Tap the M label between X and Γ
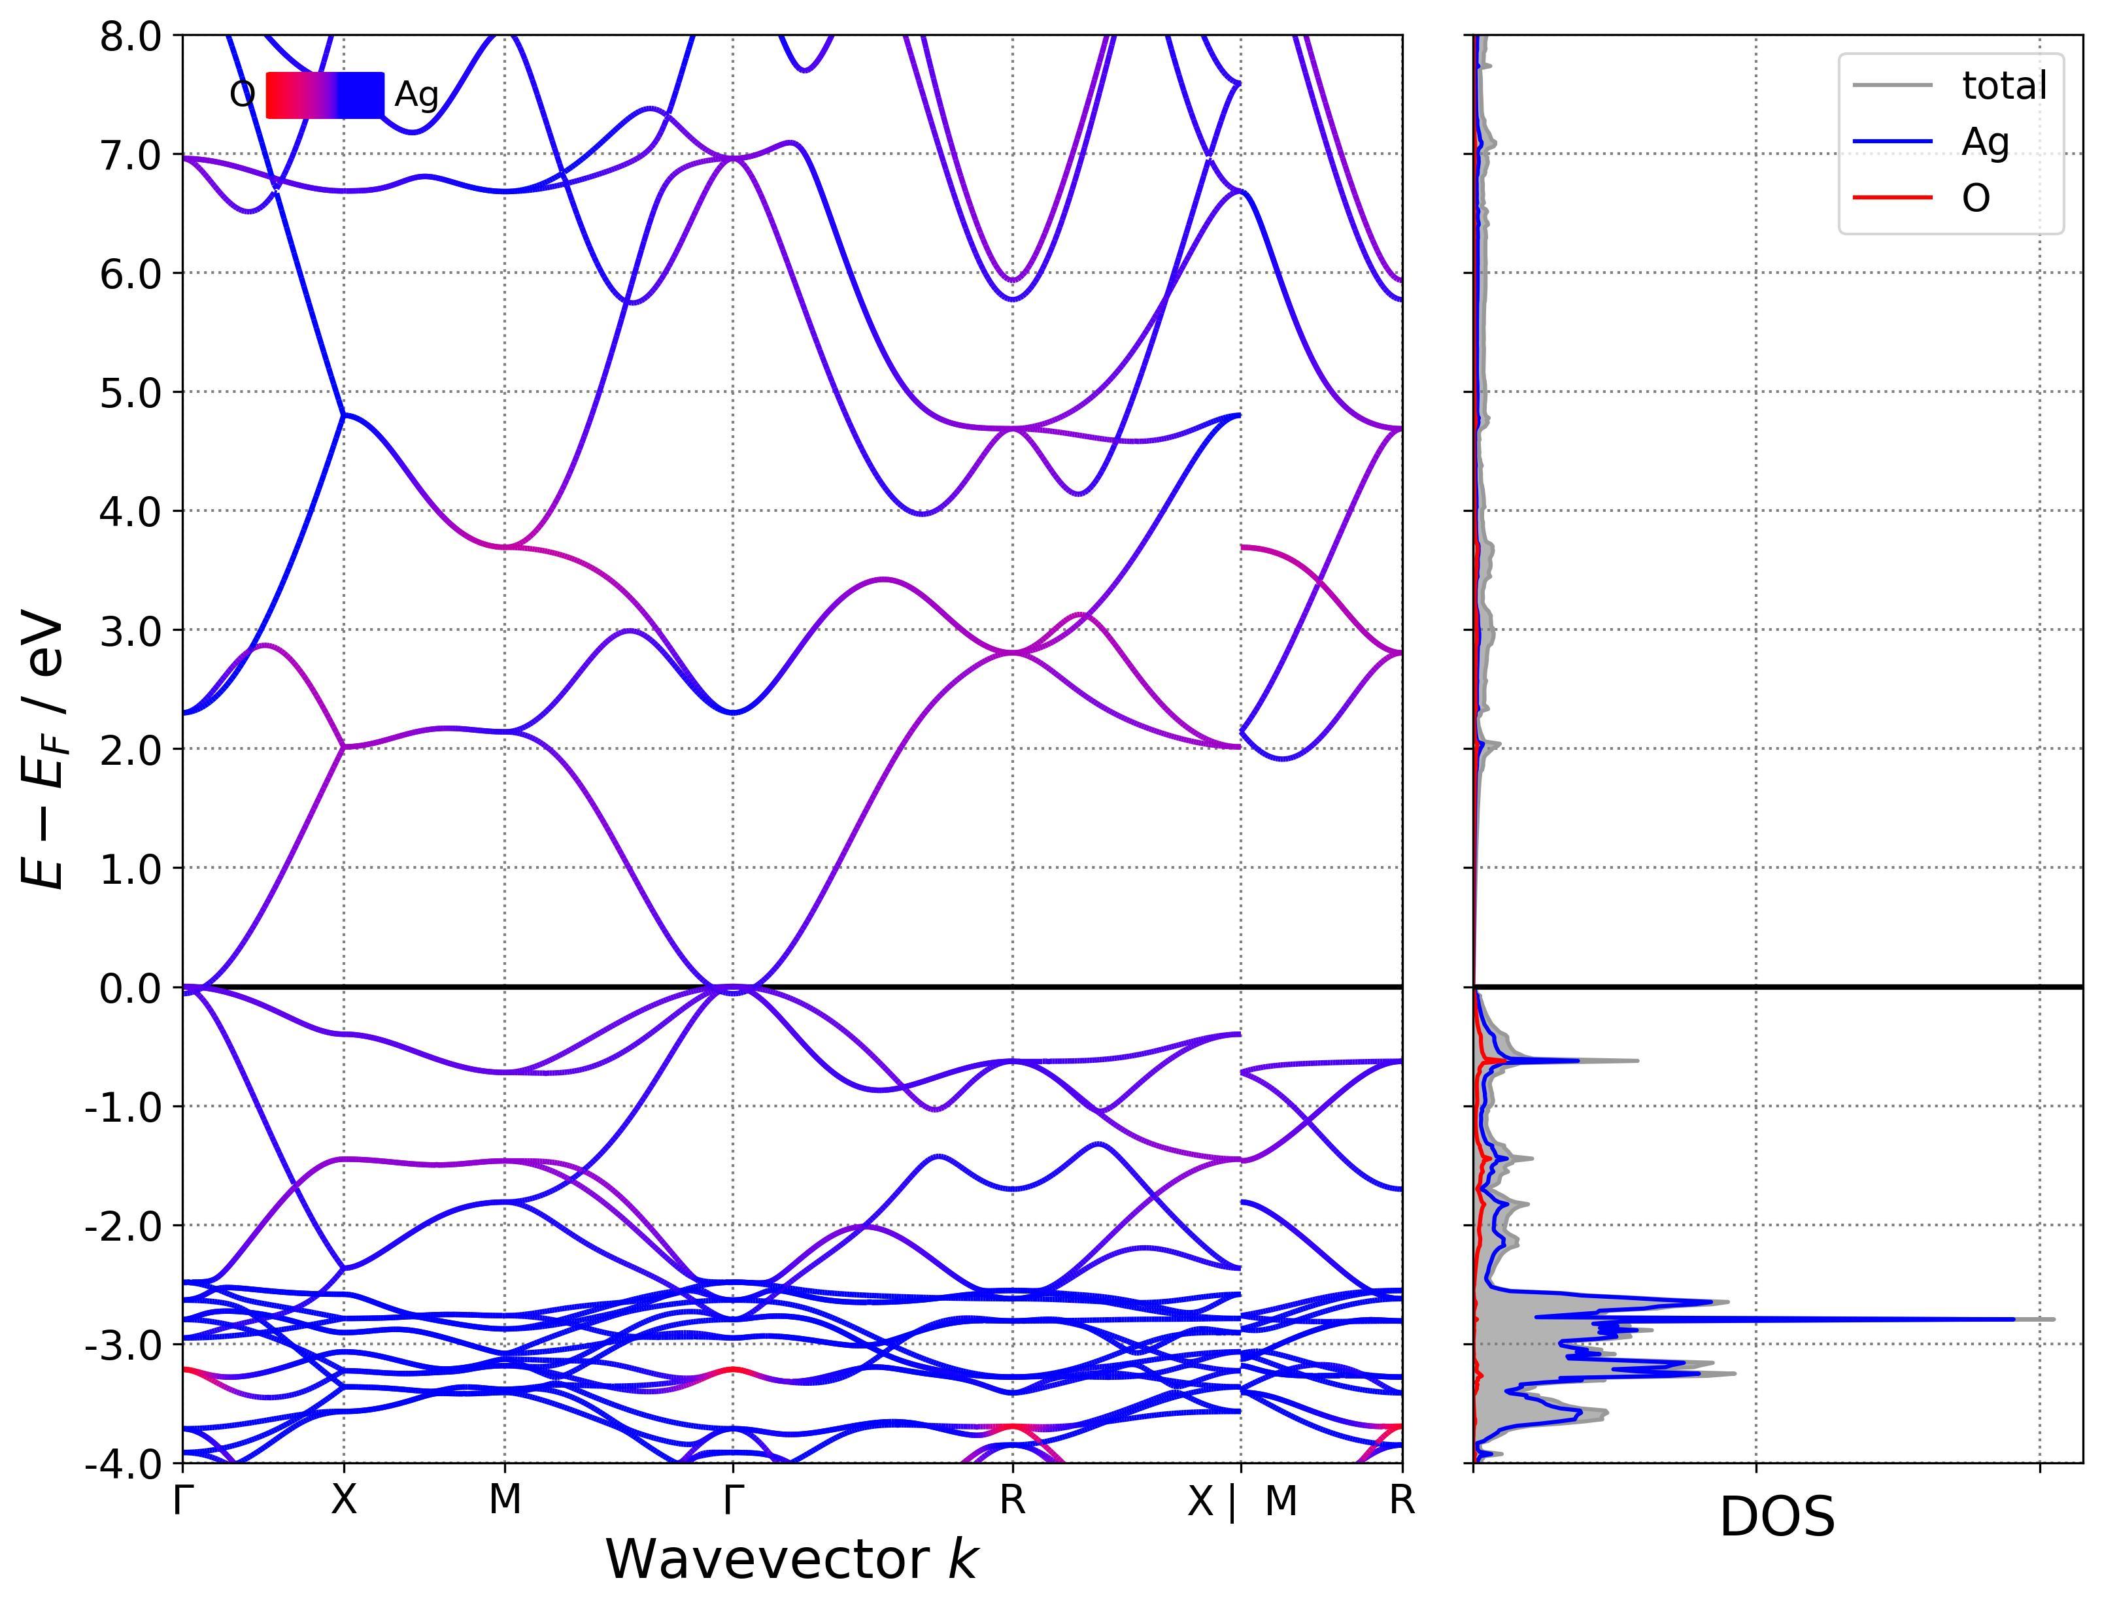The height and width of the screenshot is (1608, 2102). coord(505,1501)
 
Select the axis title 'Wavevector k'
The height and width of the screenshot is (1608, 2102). coord(790,1560)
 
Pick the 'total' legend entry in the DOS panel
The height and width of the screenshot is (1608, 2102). coord(2003,86)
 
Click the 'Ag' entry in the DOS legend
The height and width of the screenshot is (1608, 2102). coord(1984,142)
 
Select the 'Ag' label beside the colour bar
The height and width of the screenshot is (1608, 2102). coord(416,95)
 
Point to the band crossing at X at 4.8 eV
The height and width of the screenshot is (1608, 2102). coord(344,414)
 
